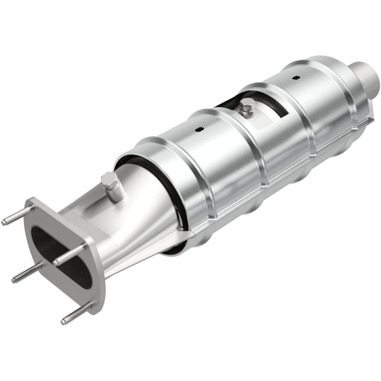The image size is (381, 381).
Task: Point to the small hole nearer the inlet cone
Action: tap(199, 130)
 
